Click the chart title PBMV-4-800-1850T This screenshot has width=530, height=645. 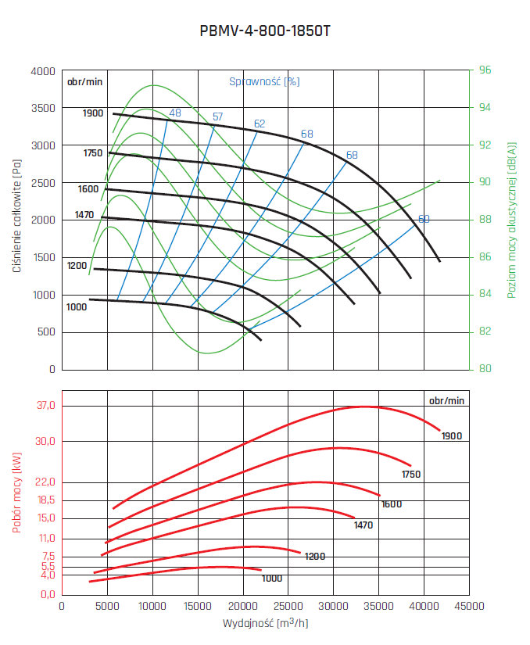tap(265, 33)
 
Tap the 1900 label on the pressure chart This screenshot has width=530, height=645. tap(93, 113)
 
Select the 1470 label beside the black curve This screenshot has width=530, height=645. tap(84, 214)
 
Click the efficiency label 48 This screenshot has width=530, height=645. tap(174, 113)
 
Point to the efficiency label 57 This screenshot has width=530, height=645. tap(217, 117)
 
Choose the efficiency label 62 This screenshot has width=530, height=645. tap(260, 124)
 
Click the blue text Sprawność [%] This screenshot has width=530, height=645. tap(264, 81)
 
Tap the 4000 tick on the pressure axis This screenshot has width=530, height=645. tap(43, 71)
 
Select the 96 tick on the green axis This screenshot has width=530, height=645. tap(485, 70)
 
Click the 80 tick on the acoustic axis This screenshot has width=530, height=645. tap(485, 369)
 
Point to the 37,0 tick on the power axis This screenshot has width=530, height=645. tap(44, 406)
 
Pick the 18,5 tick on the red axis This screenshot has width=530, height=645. tap(44, 500)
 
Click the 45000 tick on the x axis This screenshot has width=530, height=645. tap(469, 607)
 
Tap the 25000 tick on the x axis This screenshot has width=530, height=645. tap(288, 607)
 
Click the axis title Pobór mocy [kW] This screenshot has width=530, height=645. tap(16, 496)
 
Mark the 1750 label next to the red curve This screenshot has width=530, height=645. tap(411, 475)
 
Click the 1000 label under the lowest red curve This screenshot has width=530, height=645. tap(272, 579)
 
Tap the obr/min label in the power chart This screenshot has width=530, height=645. tap(446, 400)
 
